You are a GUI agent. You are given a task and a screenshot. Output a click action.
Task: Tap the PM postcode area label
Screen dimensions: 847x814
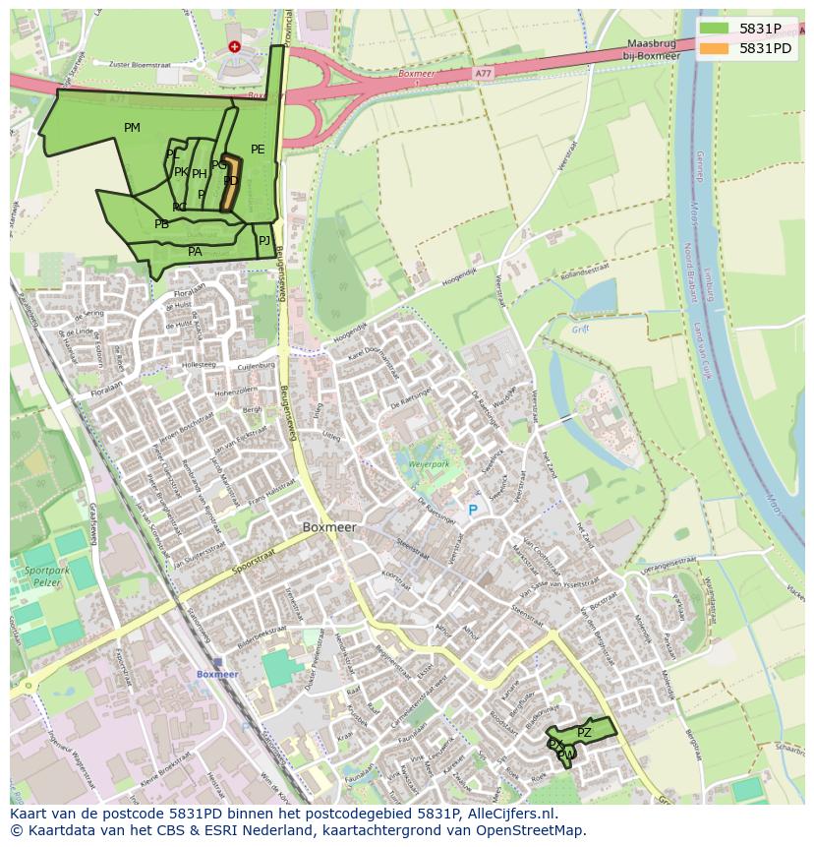132,128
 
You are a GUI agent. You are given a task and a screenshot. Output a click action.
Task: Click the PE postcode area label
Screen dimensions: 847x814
258,150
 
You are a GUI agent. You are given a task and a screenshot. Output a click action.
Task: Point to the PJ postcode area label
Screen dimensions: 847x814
263,240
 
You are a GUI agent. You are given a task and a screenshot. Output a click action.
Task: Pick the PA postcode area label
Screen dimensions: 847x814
195,252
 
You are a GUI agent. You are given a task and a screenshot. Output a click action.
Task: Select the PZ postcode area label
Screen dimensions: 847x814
584,733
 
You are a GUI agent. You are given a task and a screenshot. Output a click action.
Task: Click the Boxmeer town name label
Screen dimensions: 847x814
329,527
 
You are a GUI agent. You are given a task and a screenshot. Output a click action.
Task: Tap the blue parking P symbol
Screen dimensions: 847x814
472,511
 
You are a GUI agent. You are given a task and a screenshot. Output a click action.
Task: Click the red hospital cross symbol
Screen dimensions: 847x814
234,46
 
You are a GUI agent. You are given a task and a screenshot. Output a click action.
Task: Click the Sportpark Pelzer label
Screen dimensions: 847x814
41,577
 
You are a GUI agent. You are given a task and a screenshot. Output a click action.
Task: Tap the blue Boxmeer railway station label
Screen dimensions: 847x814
217,674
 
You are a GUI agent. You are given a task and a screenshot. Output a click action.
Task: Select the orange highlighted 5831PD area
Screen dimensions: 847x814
230,183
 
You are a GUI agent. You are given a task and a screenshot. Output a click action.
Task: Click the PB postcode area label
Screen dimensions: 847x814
161,224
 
